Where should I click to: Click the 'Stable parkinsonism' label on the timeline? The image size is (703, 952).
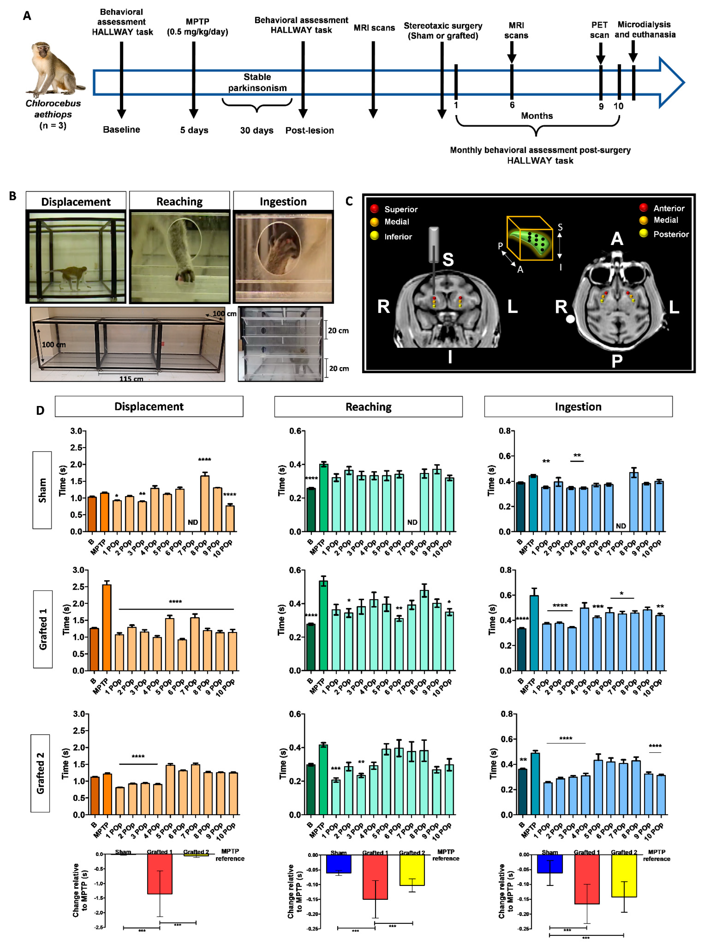[257, 82]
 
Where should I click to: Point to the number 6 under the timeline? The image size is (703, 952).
[512, 105]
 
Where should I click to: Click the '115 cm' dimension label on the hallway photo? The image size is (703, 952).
[131, 378]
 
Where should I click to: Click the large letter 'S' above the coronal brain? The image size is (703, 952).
[448, 259]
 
